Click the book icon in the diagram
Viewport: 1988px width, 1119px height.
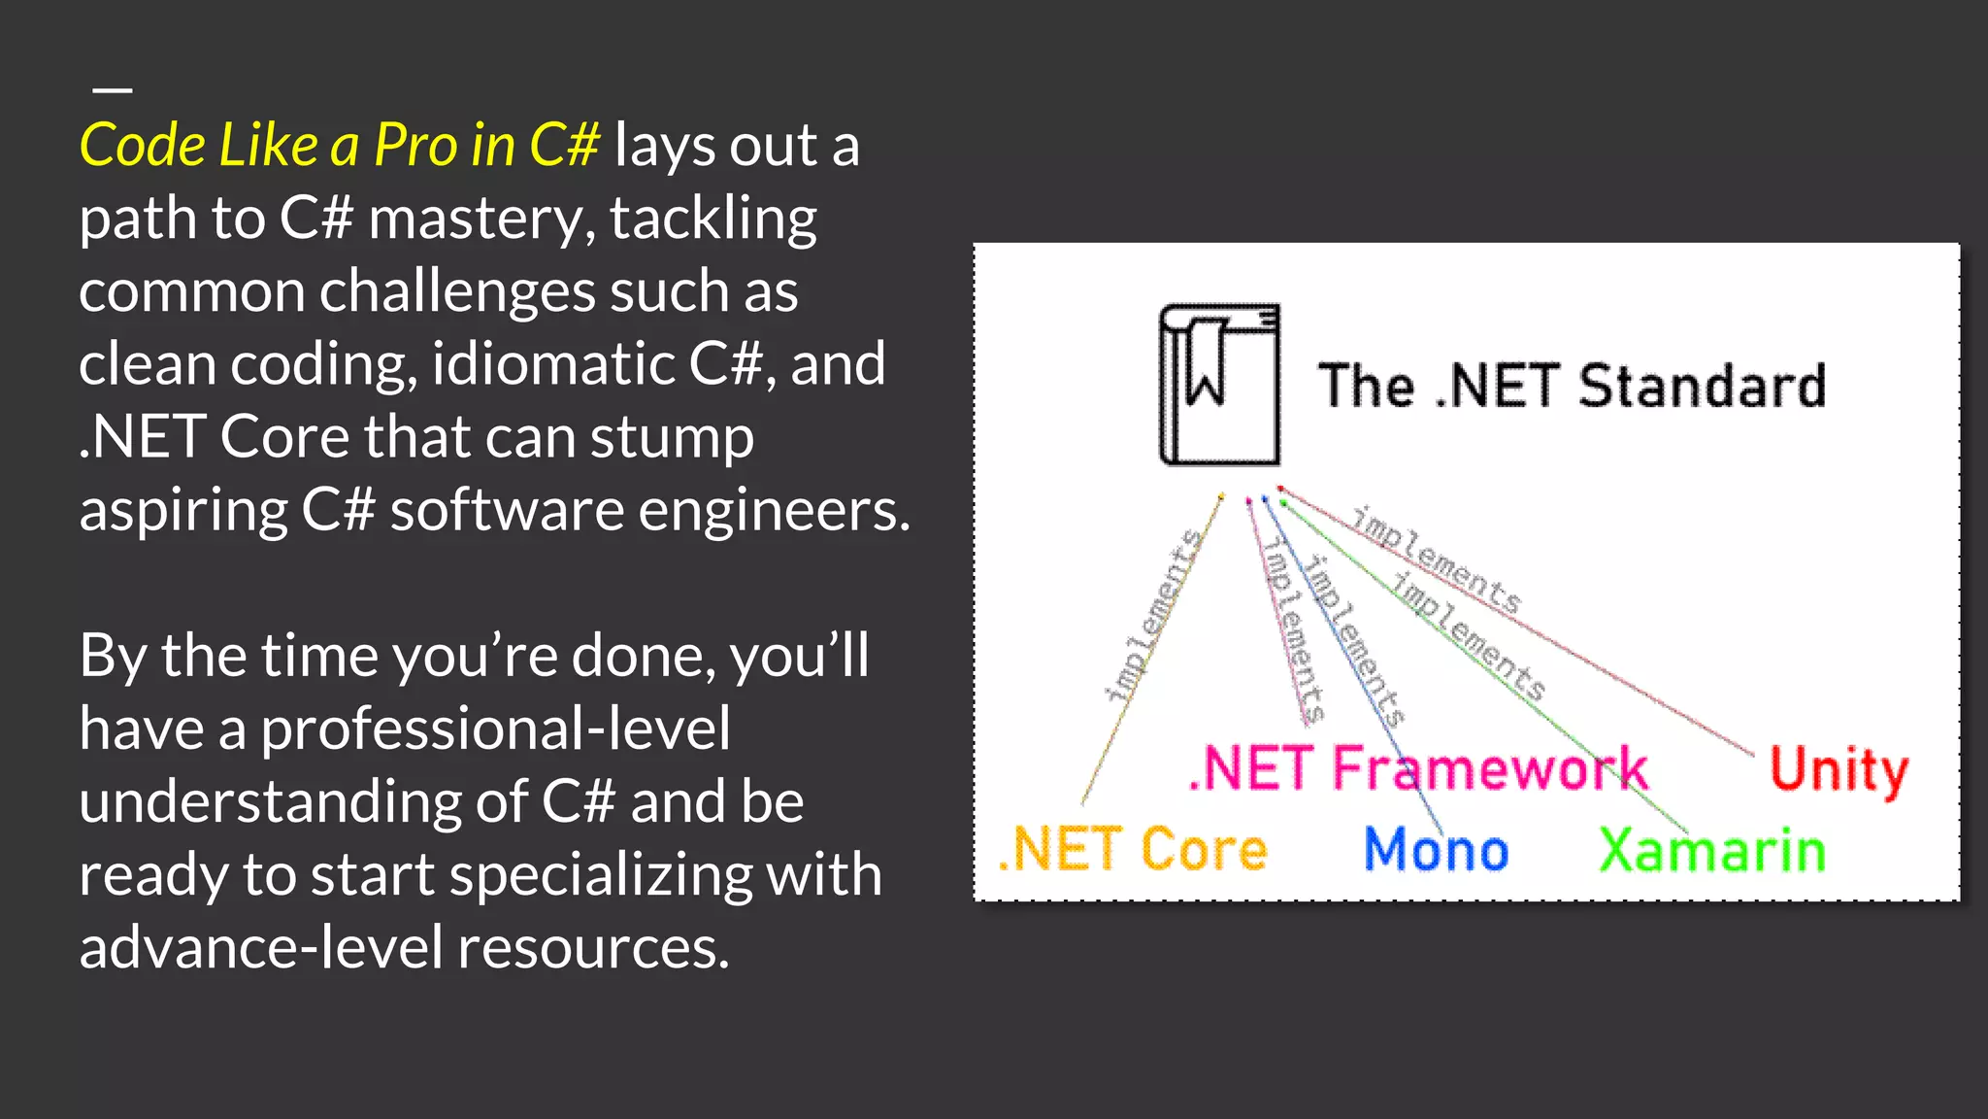pyautogui.click(x=1219, y=385)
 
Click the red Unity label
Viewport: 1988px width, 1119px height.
pyautogui.click(x=1839, y=769)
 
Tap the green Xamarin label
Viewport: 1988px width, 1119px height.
pyautogui.click(x=1711, y=850)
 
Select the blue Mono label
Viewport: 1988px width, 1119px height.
pyautogui.click(x=1436, y=850)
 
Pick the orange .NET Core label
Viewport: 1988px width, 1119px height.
pyautogui.click(x=1133, y=850)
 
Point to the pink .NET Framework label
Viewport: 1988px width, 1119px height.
pyautogui.click(x=1418, y=769)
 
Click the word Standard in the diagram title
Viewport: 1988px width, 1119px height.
pyautogui.click(x=1702, y=386)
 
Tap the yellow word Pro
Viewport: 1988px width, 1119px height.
pyautogui.click(x=415, y=146)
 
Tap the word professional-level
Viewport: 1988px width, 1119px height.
pyautogui.click(x=495, y=729)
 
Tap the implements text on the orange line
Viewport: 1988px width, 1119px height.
pyautogui.click(x=1153, y=616)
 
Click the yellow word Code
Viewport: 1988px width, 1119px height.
pyautogui.click(x=143, y=146)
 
